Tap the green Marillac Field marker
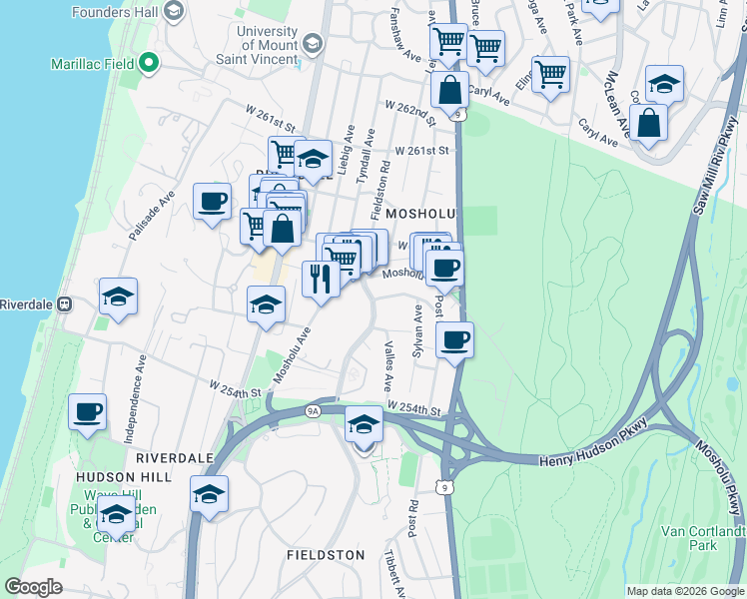pyautogui.click(x=150, y=64)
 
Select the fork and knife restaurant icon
pyautogui.click(x=321, y=278)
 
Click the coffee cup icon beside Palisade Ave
pyautogui.click(x=212, y=202)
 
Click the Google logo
pyautogui.click(x=33, y=587)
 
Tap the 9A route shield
pyautogui.click(x=314, y=409)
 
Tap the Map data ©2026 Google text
pyautogui.click(x=685, y=591)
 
